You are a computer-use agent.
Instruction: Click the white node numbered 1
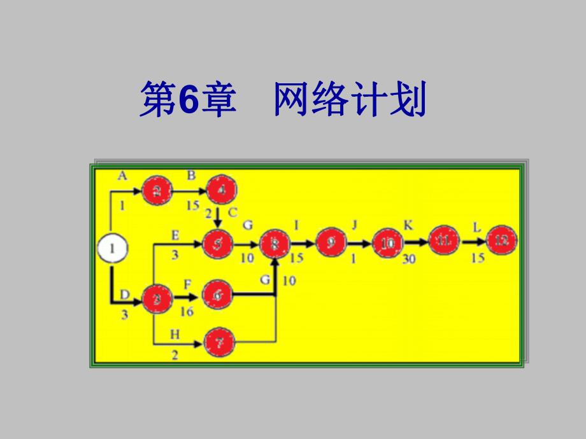point(113,249)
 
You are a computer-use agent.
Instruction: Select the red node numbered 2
point(157,190)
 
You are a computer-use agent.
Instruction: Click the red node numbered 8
point(275,244)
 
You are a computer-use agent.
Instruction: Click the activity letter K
point(408,224)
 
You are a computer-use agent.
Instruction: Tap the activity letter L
point(476,226)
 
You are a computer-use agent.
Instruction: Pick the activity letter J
point(355,224)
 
